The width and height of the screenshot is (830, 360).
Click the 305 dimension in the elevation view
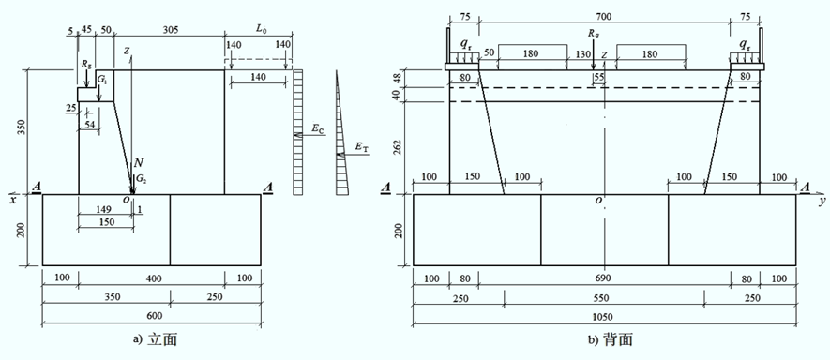(170, 30)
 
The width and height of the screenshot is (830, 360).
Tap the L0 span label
(261, 30)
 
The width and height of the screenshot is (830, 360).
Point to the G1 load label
(101, 80)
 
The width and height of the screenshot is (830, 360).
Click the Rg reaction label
(87, 63)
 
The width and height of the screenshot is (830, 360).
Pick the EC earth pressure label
(318, 128)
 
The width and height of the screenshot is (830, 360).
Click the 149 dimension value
(105, 209)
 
